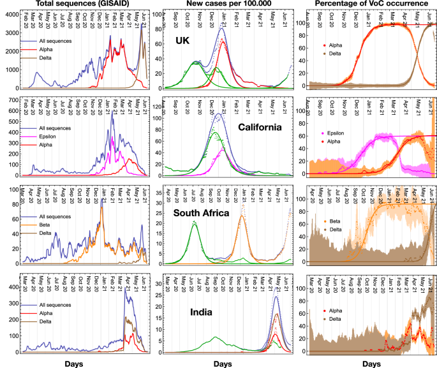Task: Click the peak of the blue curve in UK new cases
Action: pos(221,29)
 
